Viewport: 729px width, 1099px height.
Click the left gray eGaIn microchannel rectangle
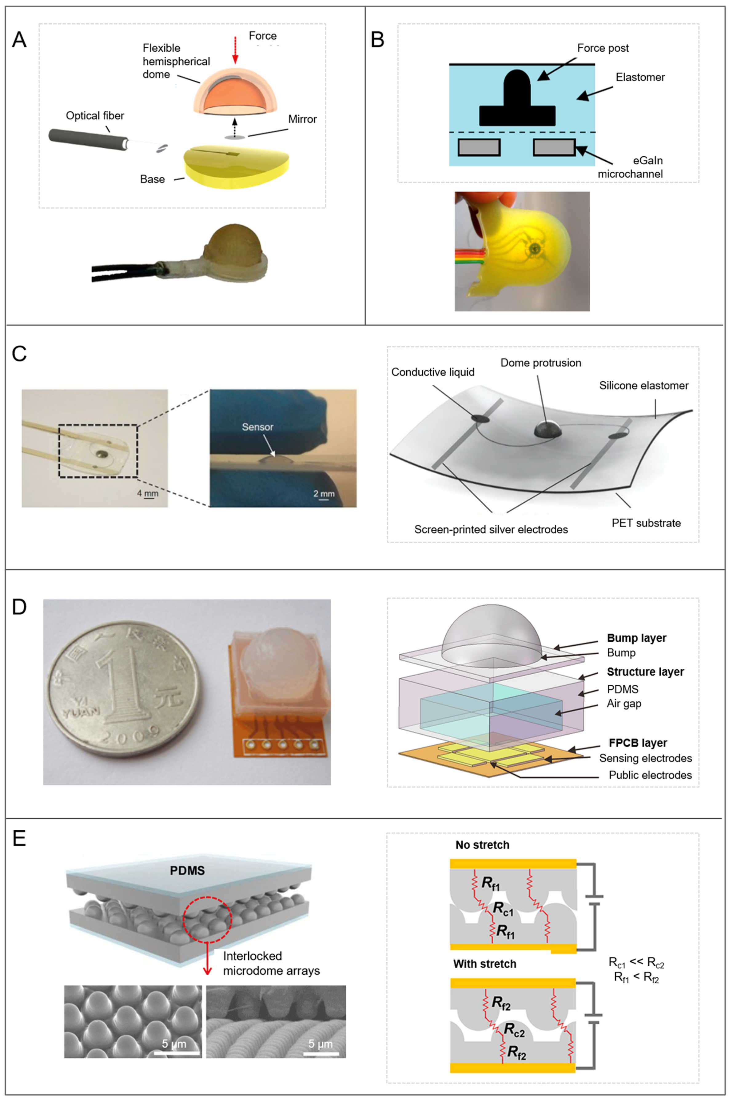tap(479, 147)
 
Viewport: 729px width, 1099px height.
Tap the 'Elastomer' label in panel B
tap(640, 77)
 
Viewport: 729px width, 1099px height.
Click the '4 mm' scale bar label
tap(148, 493)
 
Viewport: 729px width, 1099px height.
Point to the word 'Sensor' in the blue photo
tap(257, 427)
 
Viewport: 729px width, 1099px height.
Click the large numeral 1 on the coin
tap(122, 684)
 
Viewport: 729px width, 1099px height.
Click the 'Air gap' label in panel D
tap(623, 704)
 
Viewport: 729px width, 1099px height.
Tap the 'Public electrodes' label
tap(650, 775)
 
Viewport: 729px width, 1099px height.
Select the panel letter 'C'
tap(19, 354)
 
